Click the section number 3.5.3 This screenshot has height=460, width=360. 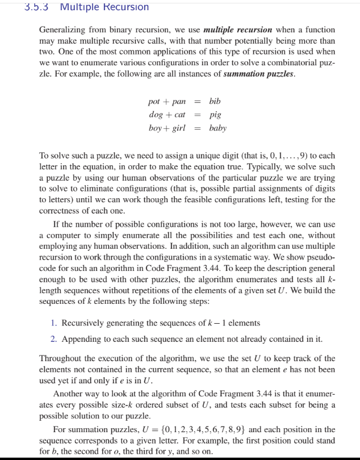(x=39, y=7)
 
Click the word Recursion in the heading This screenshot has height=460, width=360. (x=124, y=7)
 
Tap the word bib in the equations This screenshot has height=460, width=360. (x=215, y=102)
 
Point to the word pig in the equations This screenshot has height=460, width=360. (x=215, y=115)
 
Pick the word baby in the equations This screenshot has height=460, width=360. (x=217, y=128)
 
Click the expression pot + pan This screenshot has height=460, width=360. (x=166, y=102)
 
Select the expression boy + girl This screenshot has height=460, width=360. (x=167, y=128)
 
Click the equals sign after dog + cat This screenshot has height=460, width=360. (x=198, y=115)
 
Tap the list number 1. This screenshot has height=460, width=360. (x=53, y=323)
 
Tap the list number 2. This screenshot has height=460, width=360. (x=53, y=340)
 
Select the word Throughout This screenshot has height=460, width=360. (x=60, y=358)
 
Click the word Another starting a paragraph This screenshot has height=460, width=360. (x=68, y=394)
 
